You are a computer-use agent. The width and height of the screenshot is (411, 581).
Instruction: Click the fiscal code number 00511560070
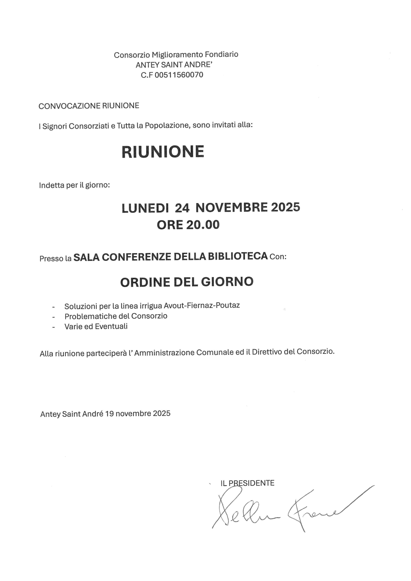[179, 75]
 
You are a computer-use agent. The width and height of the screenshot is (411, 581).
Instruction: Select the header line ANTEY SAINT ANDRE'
[174, 65]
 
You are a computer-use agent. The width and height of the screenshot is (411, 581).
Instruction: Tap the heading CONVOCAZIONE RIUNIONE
[89, 106]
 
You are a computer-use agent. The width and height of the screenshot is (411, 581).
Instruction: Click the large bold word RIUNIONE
[163, 152]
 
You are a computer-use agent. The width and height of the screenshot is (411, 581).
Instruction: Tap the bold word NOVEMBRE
[231, 207]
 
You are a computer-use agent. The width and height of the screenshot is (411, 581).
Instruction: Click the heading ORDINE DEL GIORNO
[187, 282]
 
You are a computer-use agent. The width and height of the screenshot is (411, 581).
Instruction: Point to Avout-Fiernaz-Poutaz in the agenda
[202, 305]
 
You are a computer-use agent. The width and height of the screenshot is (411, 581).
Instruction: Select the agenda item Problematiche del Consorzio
[116, 316]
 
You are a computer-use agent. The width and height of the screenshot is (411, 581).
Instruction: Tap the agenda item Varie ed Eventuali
[96, 326]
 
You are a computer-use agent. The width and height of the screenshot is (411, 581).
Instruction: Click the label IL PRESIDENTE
[247, 483]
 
